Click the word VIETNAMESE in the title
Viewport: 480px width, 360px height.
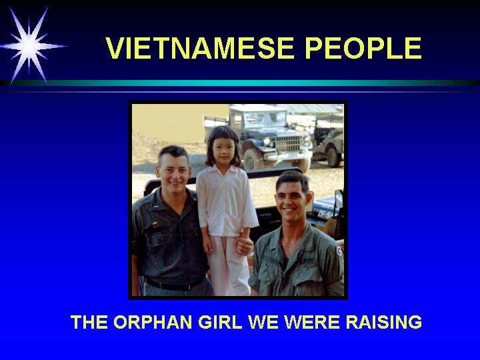pos(199,48)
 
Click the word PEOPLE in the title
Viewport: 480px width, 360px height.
pos(363,48)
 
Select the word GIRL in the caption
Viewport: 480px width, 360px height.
pos(220,322)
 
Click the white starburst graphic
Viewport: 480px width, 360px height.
pos(30,46)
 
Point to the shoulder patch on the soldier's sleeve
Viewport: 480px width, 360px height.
pos(339,251)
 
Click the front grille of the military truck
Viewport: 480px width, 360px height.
pos(288,144)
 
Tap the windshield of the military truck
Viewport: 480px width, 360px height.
pos(265,119)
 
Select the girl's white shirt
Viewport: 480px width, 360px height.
pos(226,202)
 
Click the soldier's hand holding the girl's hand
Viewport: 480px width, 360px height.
pos(244,244)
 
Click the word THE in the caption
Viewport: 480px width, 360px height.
pos(89,322)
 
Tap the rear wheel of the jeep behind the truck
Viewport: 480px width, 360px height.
pos(333,157)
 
